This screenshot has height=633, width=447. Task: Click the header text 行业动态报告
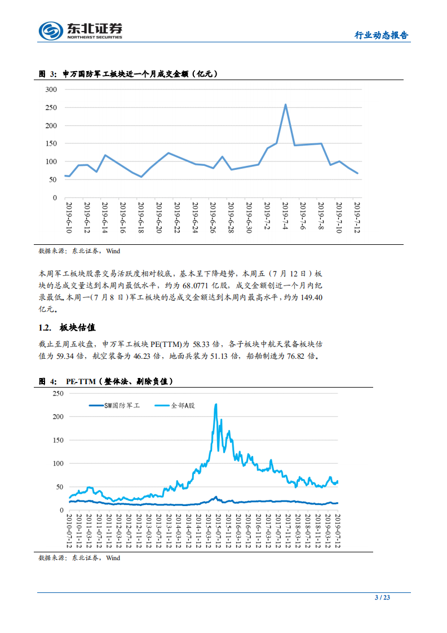(x=380, y=35)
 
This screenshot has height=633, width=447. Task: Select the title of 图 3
(x=129, y=74)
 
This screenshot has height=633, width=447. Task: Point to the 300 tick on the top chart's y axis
(x=51, y=90)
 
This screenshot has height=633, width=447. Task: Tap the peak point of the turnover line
(x=285, y=104)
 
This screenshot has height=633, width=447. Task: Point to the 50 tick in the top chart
(x=53, y=180)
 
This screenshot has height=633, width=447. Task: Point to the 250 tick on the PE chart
(x=56, y=393)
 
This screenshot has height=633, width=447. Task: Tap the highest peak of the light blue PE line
(x=215, y=404)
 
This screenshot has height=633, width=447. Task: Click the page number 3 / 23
(x=383, y=597)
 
